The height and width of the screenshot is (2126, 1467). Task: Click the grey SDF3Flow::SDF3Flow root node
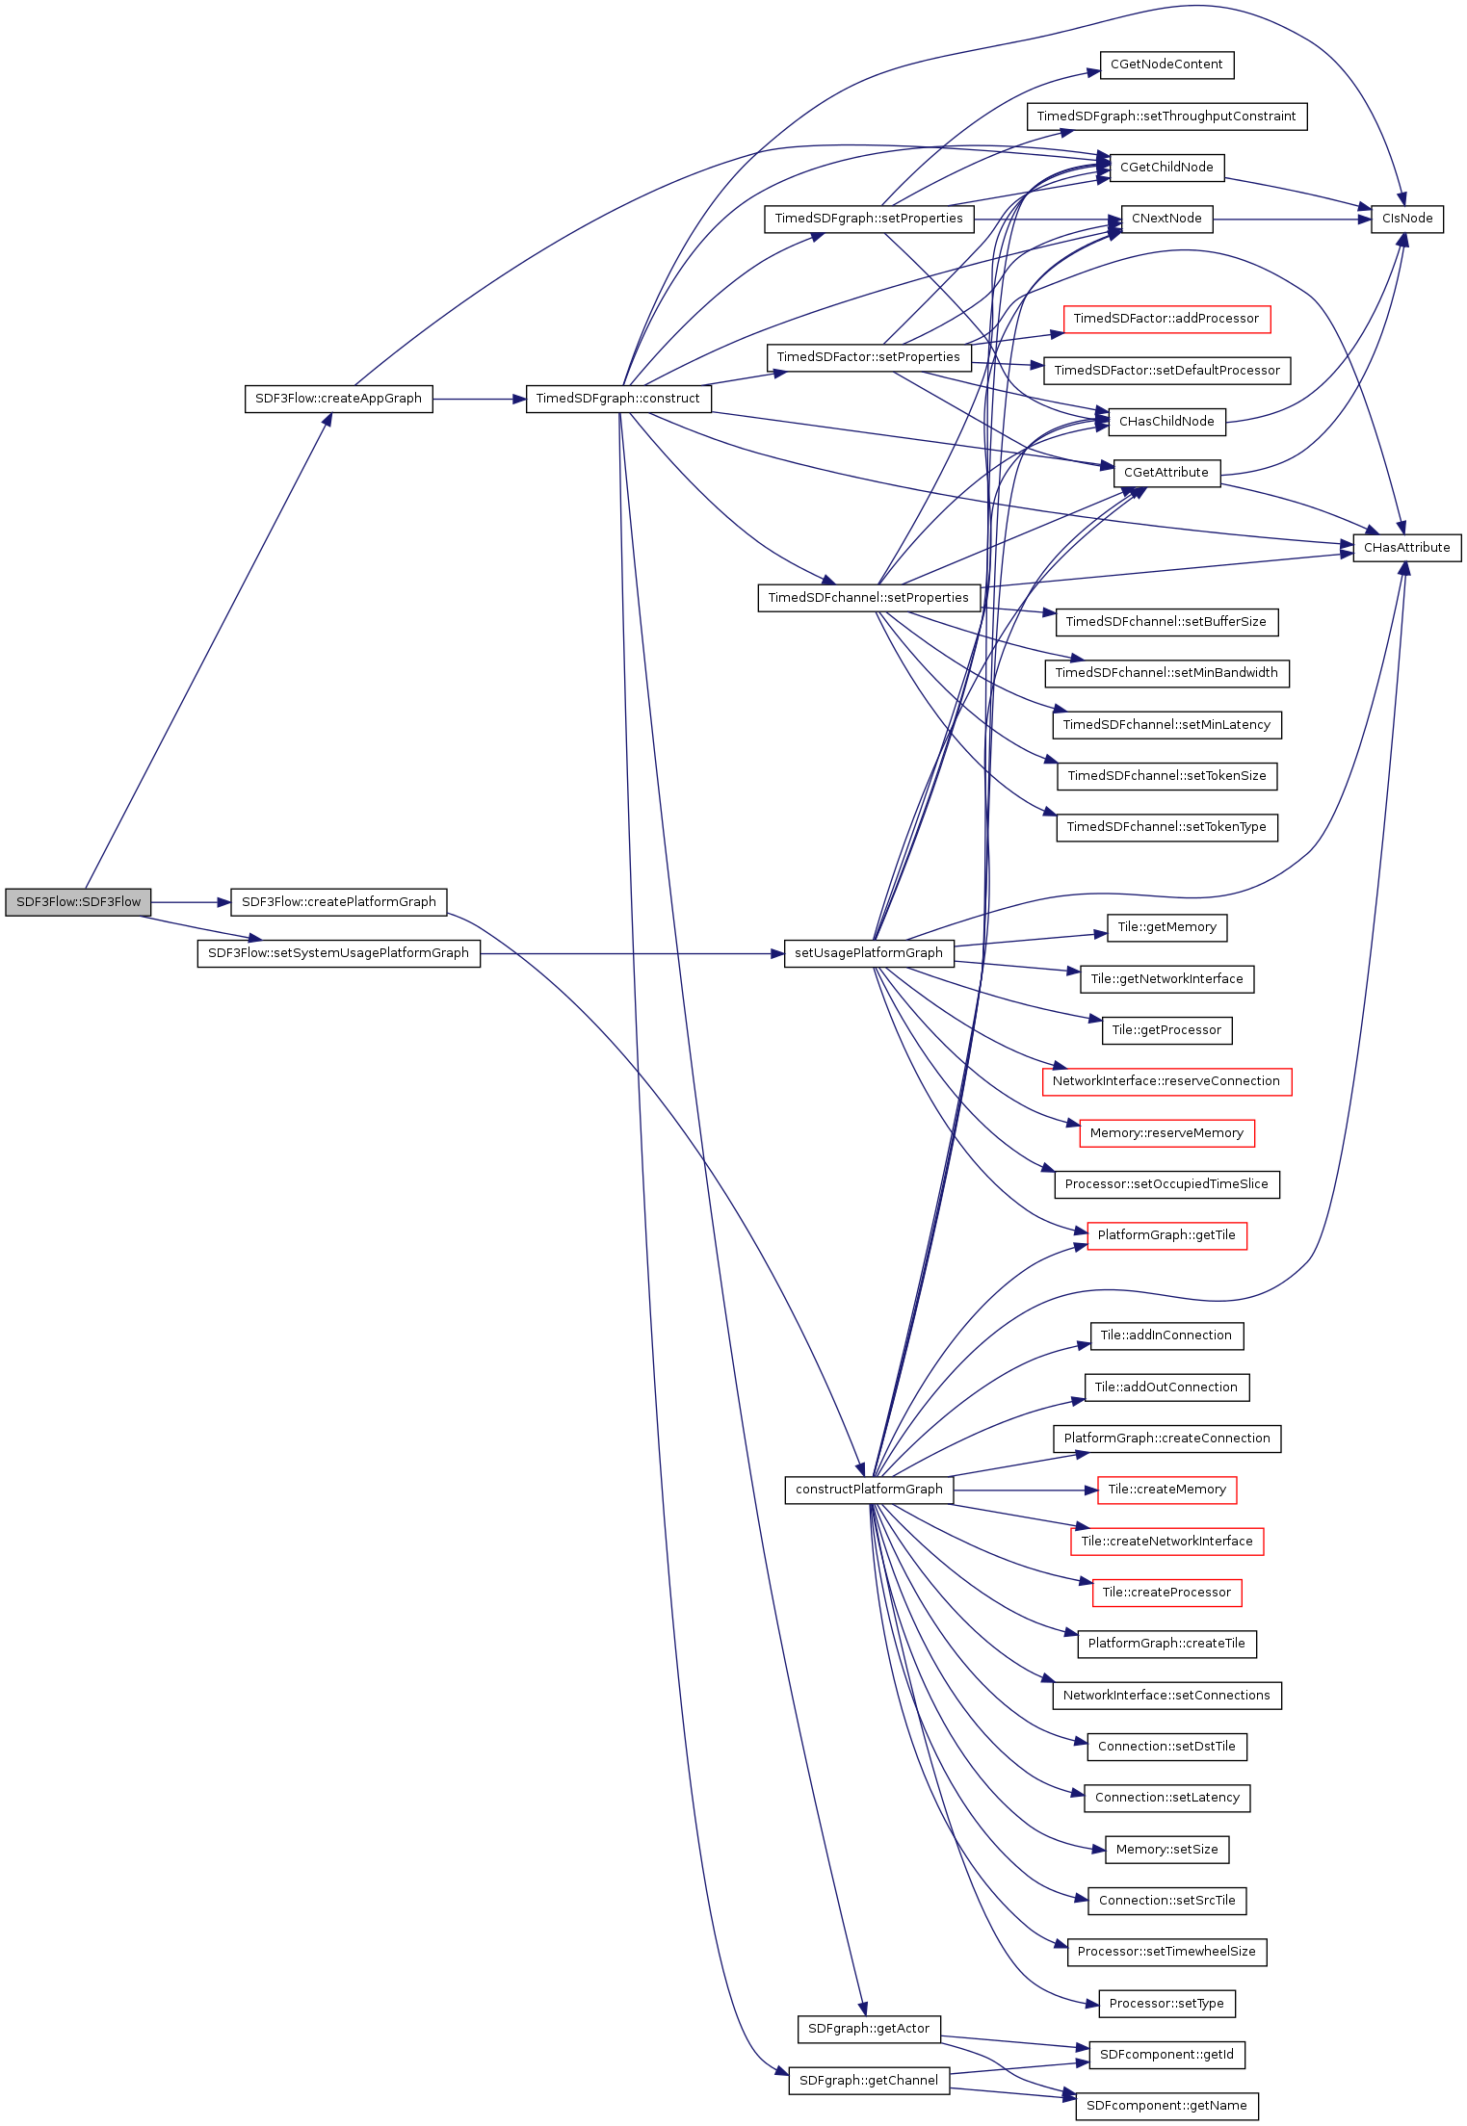pos(78,902)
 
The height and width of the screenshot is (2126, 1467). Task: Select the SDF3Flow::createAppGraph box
pos(338,399)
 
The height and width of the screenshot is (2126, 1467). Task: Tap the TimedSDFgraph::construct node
pos(617,399)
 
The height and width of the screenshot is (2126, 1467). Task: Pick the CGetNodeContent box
pos(1166,65)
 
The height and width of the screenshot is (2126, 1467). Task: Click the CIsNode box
pos(1406,219)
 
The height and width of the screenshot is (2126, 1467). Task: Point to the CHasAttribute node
pos(1406,548)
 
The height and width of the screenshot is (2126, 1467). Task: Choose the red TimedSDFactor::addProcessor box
pos(1166,319)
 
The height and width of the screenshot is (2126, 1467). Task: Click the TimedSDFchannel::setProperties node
pos(868,598)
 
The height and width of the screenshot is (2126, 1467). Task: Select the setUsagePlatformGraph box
pos(868,953)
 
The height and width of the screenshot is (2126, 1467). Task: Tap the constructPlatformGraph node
pos(869,1490)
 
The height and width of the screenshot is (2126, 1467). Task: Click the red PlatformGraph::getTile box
pos(1166,1235)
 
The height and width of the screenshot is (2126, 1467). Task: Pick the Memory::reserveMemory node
pos(1166,1133)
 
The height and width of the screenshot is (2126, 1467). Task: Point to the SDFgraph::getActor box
pos(868,2029)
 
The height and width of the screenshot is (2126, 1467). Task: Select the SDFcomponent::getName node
pos(1166,2106)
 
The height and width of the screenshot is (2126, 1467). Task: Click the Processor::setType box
pos(1166,2004)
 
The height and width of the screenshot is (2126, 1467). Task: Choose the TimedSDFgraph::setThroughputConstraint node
pos(1166,117)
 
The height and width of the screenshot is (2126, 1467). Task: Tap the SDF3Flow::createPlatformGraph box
pos(338,902)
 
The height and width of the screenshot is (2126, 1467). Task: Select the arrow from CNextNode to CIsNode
pos(1291,220)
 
